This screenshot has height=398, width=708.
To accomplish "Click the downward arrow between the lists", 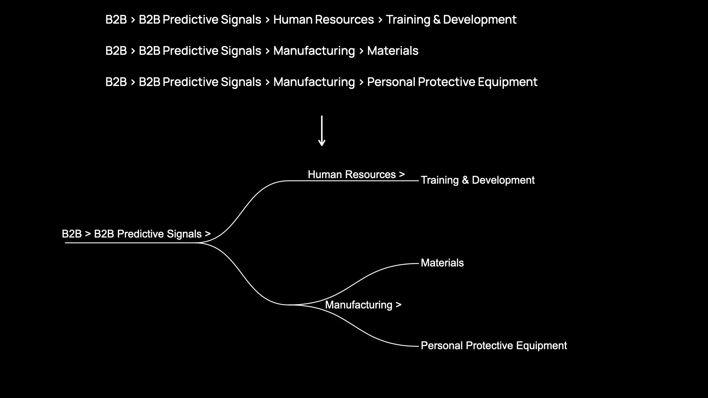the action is coord(322,131).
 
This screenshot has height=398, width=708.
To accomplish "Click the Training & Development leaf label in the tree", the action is coord(478,180).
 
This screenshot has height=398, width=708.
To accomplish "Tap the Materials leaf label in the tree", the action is coord(442,263).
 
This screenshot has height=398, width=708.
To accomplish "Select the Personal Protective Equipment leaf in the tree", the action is coord(494,346).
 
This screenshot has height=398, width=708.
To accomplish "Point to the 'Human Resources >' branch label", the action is coord(356,174).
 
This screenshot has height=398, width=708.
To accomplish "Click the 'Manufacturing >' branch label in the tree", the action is coord(363,305).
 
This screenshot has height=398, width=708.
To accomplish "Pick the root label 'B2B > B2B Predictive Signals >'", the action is coord(136,234).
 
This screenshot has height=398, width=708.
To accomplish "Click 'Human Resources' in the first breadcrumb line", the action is coord(323,20).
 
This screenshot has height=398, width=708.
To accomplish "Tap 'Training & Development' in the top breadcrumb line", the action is coord(451,20).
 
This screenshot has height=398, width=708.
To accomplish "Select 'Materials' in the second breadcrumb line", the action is coord(393,51).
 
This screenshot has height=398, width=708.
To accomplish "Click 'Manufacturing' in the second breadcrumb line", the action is coord(314,51).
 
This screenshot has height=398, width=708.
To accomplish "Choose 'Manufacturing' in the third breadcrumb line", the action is coord(314,82).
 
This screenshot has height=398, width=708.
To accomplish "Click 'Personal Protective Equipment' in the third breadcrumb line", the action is coord(452,82).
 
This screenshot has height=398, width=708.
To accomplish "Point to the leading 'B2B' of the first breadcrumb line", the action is coord(116,20).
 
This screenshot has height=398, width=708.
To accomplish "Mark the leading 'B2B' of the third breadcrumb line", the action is coord(116,82).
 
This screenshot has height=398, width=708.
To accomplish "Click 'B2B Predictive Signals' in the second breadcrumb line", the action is coord(200,51).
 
